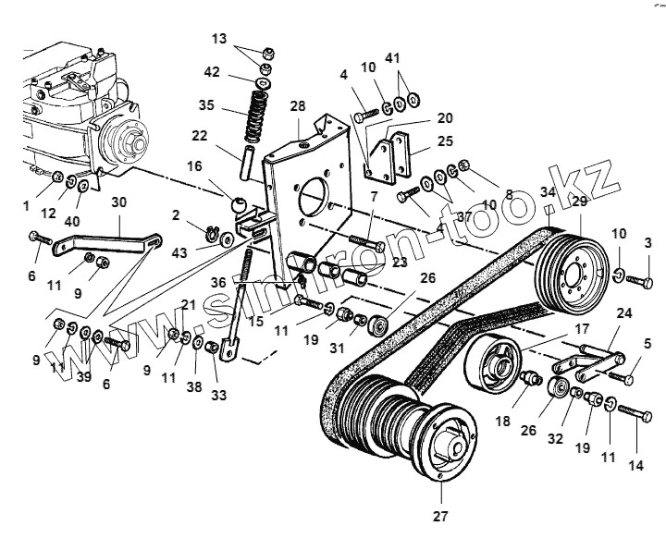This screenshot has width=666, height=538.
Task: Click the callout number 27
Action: tap(440, 519)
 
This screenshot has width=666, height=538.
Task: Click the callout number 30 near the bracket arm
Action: tap(119, 204)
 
